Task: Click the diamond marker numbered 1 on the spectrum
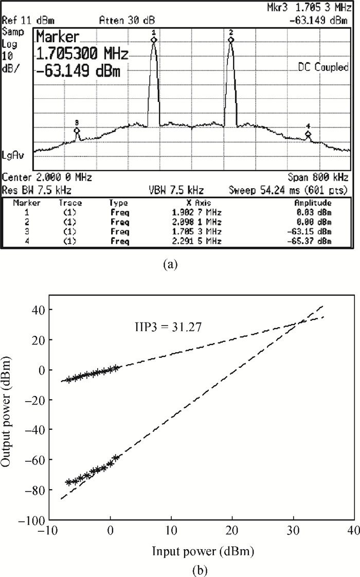(x=153, y=40)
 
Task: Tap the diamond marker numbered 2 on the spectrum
(x=231, y=40)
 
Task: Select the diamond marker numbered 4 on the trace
(x=308, y=134)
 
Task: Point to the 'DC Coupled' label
(x=323, y=67)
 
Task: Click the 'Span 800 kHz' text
(x=319, y=177)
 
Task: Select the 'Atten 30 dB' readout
(x=121, y=21)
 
